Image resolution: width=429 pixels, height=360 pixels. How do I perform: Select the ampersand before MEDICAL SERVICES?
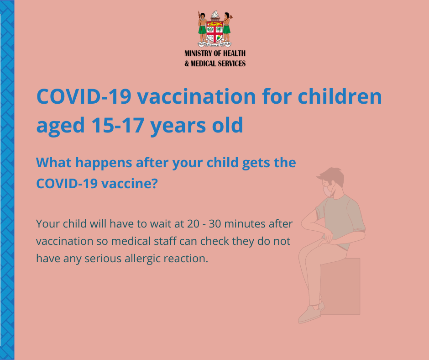tap(187, 64)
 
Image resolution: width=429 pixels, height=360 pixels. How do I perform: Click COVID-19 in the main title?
tap(84, 96)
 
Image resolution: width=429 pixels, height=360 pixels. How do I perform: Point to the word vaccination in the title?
tap(196, 96)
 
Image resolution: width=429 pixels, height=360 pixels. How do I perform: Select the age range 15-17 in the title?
tap(118, 125)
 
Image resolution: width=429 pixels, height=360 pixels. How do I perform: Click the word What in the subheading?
tap(53, 162)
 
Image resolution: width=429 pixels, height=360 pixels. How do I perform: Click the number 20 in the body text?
tap(194, 224)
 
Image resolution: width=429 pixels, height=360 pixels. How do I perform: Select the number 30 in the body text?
tap(215, 224)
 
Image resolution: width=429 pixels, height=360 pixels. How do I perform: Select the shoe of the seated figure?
tap(309, 314)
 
